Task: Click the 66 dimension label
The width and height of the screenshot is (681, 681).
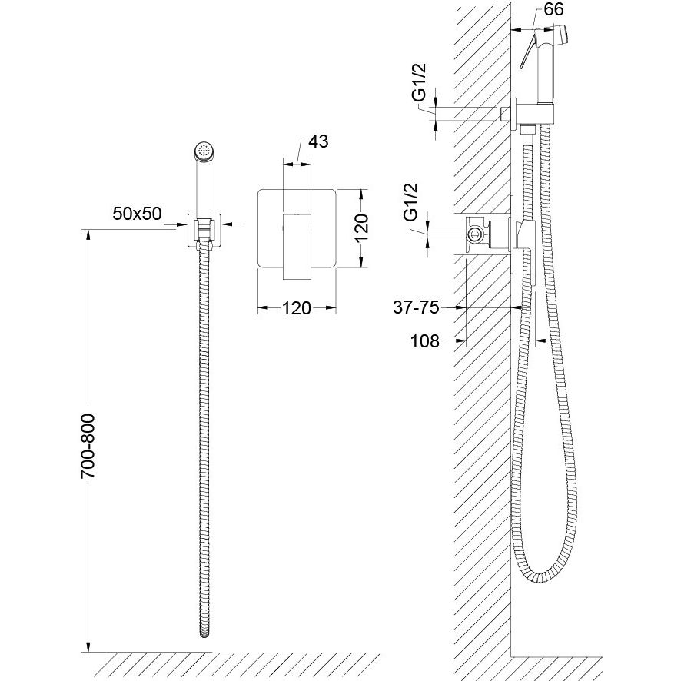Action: (553, 9)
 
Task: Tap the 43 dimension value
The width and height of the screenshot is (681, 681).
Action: (319, 141)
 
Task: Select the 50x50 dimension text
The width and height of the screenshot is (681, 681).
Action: (137, 213)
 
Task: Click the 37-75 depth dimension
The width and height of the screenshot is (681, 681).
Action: (416, 307)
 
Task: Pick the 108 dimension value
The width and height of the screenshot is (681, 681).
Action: (425, 341)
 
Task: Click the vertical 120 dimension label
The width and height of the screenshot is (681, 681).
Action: (361, 228)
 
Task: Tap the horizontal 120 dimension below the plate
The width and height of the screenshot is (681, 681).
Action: (297, 308)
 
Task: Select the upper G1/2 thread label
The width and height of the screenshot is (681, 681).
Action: (419, 82)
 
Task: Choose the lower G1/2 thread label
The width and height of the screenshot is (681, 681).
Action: (411, 202)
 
